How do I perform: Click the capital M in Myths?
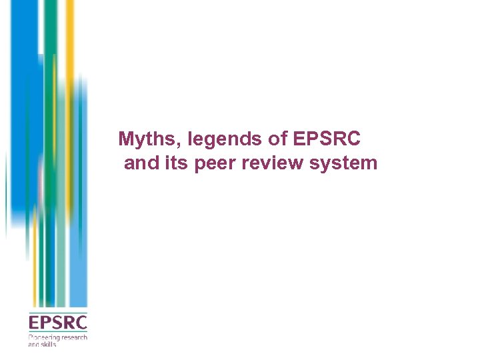(125, 139)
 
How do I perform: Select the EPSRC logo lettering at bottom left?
(57, 323)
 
